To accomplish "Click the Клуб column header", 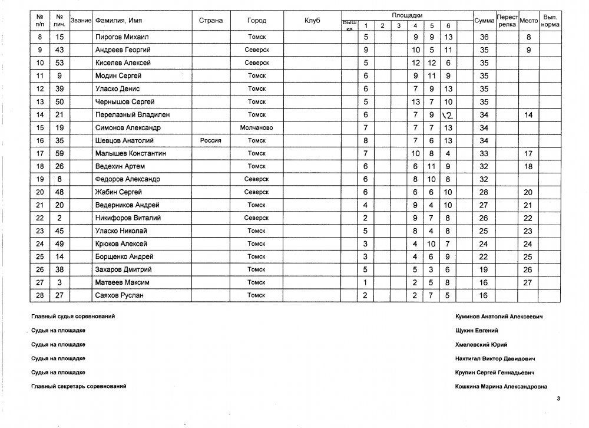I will (312, 21).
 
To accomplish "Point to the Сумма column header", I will (484, 21).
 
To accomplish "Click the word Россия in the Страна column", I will (211, 140).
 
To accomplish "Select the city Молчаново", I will (257, 127).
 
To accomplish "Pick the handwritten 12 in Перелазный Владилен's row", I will (448, 114).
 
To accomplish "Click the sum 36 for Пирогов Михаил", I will (485, 37).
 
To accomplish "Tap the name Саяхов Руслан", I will (114, 295).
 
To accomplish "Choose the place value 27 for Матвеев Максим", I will (528, 282).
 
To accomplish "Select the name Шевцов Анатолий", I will (117, 140).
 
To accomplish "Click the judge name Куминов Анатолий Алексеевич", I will (498, 317).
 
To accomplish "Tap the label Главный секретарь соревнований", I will (78, 386).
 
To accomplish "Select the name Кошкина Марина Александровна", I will (501, 387).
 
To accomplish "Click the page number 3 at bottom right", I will (558, 399).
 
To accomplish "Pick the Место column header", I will (529, 21).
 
